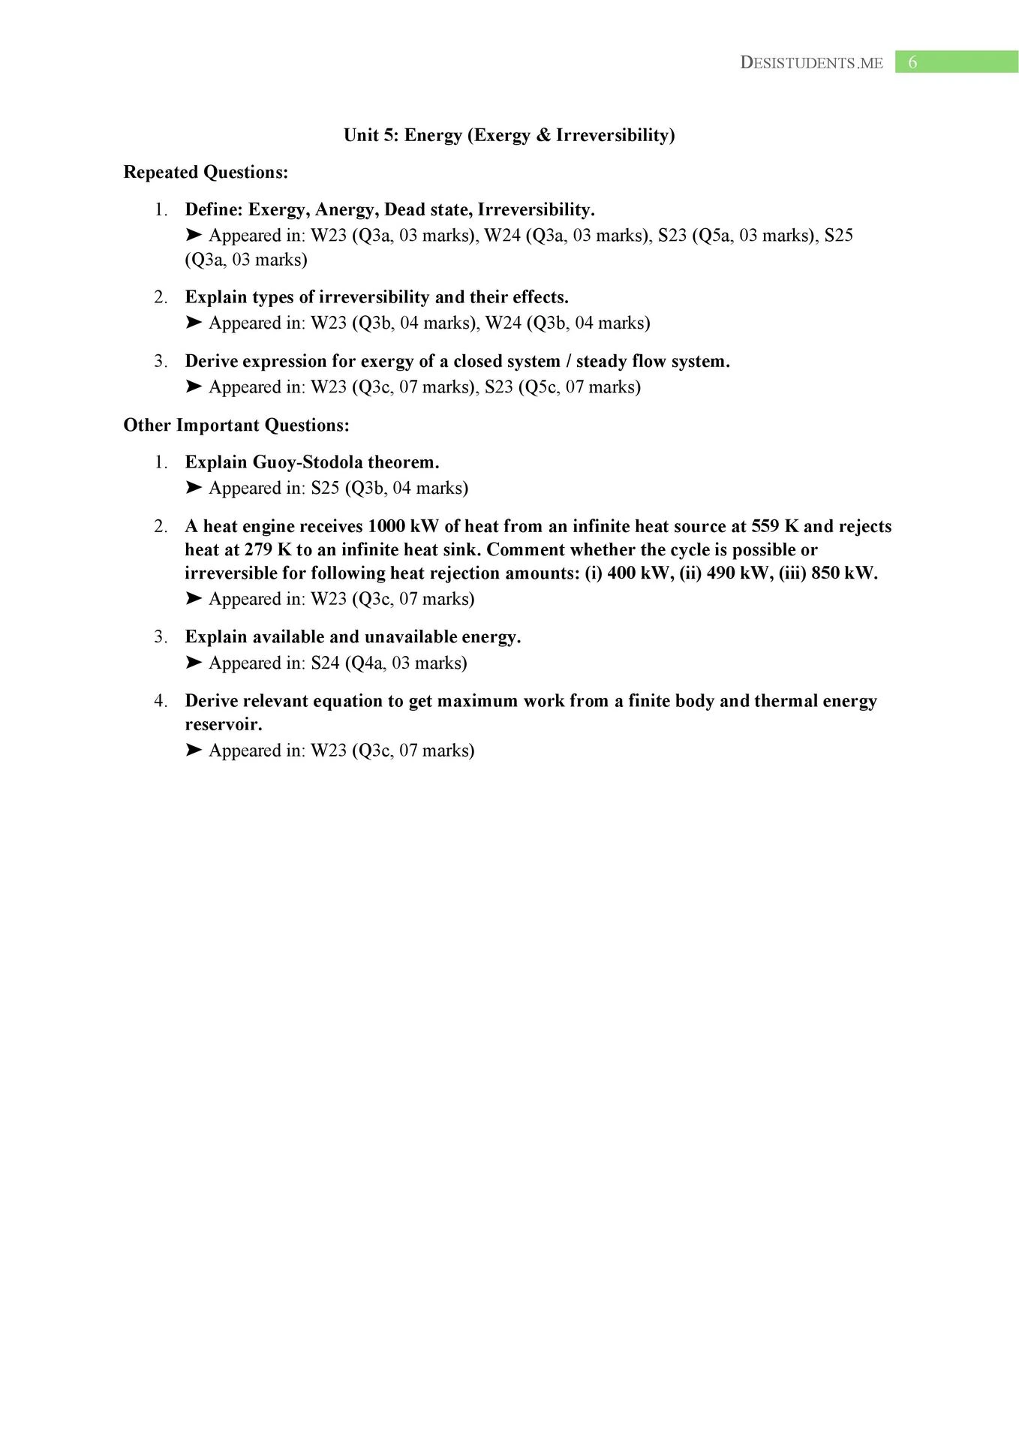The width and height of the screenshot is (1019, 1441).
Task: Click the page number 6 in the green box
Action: click(912, 62)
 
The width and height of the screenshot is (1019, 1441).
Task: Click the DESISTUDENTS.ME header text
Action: click(811, 63)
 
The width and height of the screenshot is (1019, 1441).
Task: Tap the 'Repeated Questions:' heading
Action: click(206, 173)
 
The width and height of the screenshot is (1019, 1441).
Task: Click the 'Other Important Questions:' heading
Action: click(236, 426)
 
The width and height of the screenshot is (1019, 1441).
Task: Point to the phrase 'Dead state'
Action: click(426, 209)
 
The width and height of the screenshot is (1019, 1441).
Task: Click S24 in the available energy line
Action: click(325, 663)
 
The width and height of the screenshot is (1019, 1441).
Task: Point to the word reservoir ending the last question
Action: click(223, 725)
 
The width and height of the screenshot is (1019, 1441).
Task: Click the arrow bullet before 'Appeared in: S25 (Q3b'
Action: click(194, 488)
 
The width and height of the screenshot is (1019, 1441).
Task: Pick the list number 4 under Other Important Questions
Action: click(160, 701)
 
